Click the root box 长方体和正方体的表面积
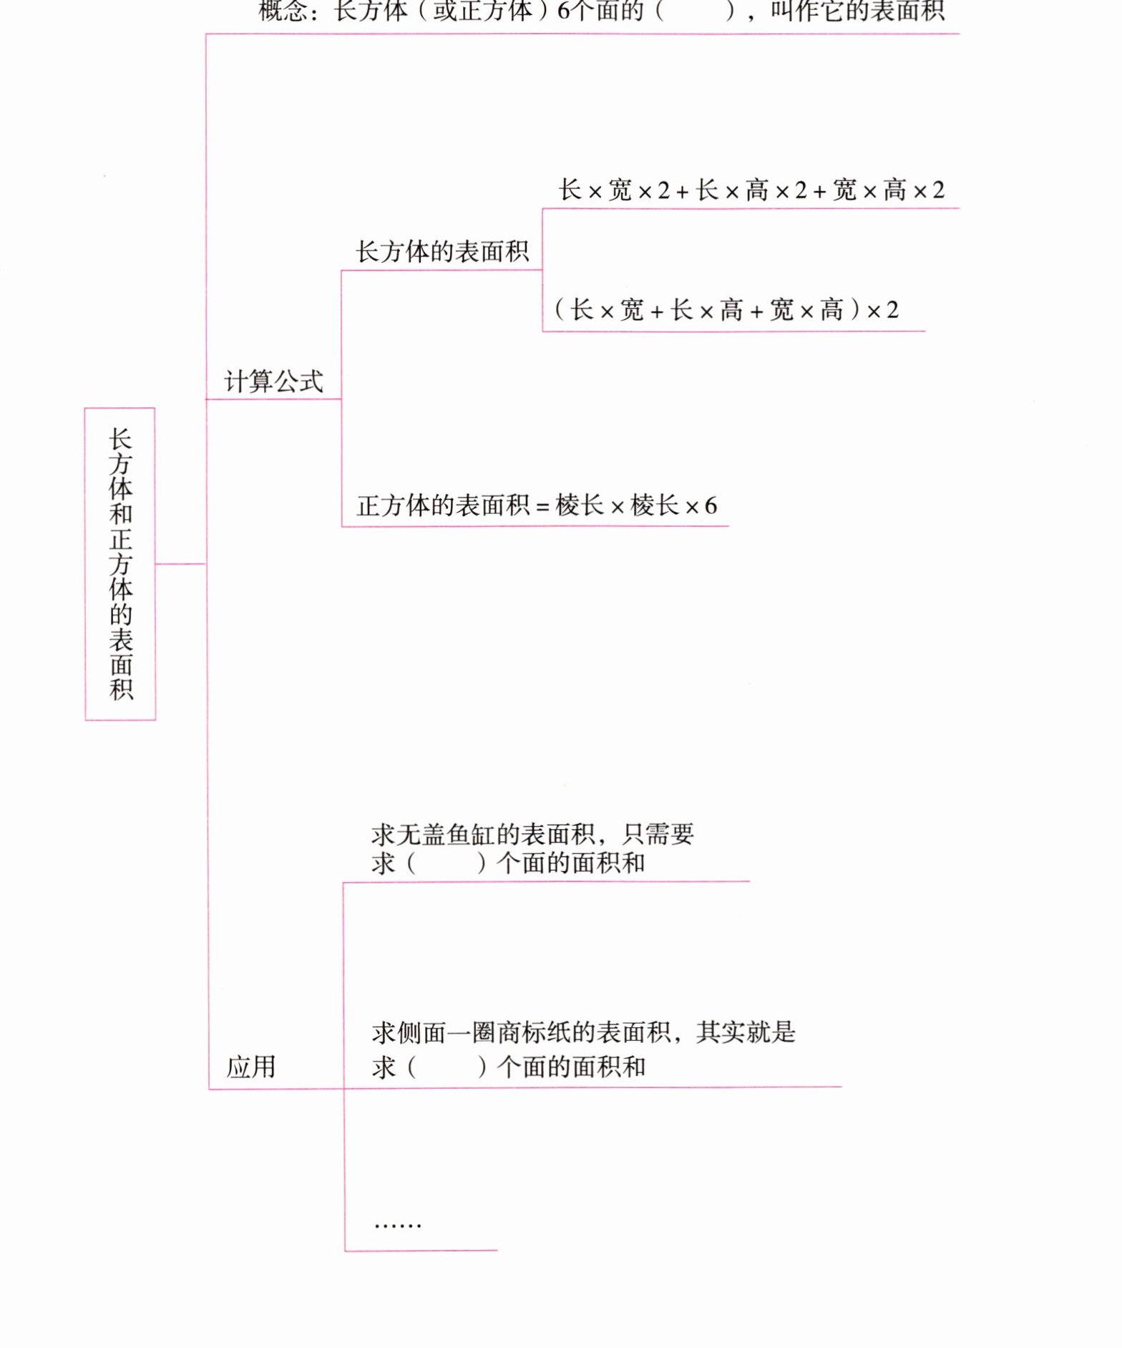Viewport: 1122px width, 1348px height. coord(120,563)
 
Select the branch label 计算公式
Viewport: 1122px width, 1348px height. coord(273,382)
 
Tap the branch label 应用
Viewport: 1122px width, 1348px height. coord(250,1067)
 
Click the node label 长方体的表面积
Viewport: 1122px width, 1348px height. coord(442,252)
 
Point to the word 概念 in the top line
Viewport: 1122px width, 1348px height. coord(283,11)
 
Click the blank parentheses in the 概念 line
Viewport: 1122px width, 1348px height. coord(695,11)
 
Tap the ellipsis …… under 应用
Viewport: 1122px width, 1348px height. coord(398,1223)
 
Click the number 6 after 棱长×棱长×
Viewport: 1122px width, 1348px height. coord(711,506)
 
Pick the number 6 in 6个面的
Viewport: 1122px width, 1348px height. coord(564,11)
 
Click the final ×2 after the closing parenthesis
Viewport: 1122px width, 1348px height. coord(882,310)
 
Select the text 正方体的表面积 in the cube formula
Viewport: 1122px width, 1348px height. coord(443,506)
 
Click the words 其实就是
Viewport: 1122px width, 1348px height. coord(746,1032)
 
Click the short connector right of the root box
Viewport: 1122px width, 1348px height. coord(180,564)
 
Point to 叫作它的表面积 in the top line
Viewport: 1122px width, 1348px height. coord(857,11)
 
